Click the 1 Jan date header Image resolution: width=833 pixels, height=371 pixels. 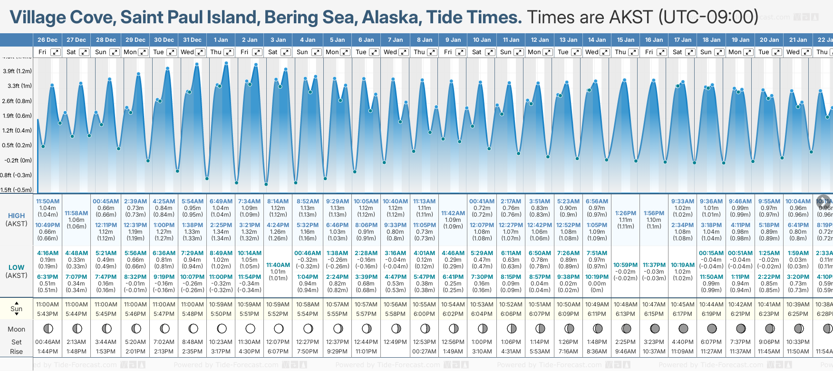pyautogui.click(x=221, y=40)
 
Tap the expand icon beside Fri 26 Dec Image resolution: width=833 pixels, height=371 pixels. pyautogui.click(x=56, y=52)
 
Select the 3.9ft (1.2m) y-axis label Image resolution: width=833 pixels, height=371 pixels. pyautogui.click(x=17, y=71)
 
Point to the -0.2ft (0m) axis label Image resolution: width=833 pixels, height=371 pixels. pyautogui.click(x=18, y=160)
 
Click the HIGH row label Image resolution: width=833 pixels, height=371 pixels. pyautogui.click(x=16, y=216)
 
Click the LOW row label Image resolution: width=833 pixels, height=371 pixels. pyautogui.click(x=16, y=267)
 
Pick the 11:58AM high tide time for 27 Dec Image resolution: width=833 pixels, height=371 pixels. pyautogui.click(x=77, y=213)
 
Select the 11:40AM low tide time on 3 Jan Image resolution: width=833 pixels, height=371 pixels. pyautogui.click(x=278, y=265)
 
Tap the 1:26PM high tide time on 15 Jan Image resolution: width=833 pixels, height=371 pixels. pyautogui.click(x=625, y=213)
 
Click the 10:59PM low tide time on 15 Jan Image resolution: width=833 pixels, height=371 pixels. pyautogui.click(x=625, y=265)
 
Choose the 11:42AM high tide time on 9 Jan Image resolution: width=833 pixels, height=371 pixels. pyautogui.click(x=453, y=213)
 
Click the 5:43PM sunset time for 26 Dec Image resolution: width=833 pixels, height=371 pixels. pyautogui.click(x=48, y=314)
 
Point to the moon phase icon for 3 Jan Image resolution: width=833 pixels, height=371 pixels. pyautogui.click(x=279, y=328)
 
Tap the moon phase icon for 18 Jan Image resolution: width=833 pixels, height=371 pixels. pyautogui.click(x=712, y=328)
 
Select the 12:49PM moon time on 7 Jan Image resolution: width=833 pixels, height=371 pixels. pyautogui.click(x=395, y=342)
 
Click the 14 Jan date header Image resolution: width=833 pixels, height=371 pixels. pyautogui.click(x=597, y=40)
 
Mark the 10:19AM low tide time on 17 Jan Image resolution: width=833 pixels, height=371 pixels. pyautogui.click(x=683, y=265)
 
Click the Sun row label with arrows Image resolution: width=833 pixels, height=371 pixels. pyautogui.click(x=17, y=309)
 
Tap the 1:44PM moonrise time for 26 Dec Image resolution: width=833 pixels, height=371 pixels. pyautogui.click(x=48, y=352)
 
